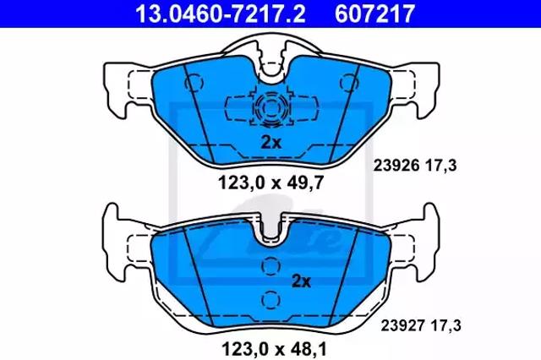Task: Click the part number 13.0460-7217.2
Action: [x=220, y=14]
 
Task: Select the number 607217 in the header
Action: [x=374, y=14]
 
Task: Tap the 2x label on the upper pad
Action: [x=270, y=143]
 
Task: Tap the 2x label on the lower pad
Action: [x=301, y=281]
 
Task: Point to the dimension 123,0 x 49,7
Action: [x=270, y=183]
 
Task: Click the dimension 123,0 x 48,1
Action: [x=274, y=349]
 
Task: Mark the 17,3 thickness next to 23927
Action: [x=446, y=325]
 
